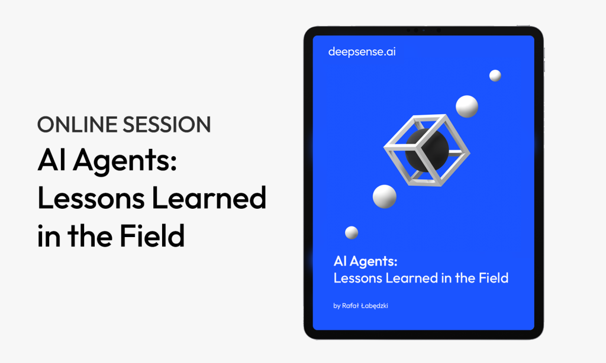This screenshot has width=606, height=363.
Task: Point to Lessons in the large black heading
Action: coord(91,197)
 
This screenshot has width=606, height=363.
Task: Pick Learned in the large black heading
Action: coord(209,197)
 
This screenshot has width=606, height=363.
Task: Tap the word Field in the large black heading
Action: coord(152,235)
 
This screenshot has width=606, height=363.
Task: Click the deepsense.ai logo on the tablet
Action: coord(362,52)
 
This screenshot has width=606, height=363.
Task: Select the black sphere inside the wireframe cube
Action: coord(427,151)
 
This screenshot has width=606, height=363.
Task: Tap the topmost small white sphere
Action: coord(495,76)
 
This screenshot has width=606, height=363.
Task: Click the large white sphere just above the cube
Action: coord(467,106)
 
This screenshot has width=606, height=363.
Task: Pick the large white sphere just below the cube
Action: coord(385,196)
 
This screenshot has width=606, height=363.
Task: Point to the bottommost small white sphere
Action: coord(352,232)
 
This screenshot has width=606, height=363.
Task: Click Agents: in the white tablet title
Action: coord(373,262)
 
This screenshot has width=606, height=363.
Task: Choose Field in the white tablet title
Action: coord(494,278)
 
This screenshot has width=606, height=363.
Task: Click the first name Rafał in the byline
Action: coord(350,306)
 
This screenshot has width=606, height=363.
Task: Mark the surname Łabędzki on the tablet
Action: coord(375,306)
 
